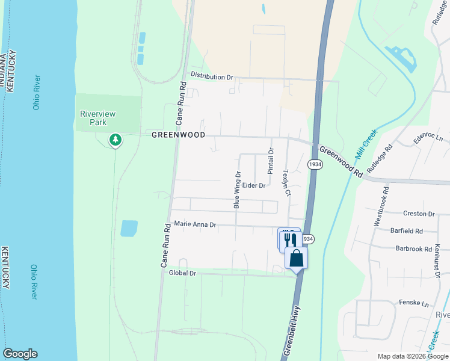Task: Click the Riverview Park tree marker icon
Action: click(115, 140)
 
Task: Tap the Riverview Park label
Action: click(97, 118)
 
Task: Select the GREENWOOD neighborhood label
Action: click(178, 135)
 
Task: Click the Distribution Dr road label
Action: click(212, 76)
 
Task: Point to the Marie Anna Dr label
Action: click(195, 224)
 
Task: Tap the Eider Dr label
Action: click(254, 186)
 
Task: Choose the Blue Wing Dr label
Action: click(237, 190)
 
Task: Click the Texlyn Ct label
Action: click(287, 182)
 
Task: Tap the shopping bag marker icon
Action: click(296, 259)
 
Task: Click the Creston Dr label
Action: click(419, 214)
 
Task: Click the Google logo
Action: click(20, 354)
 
